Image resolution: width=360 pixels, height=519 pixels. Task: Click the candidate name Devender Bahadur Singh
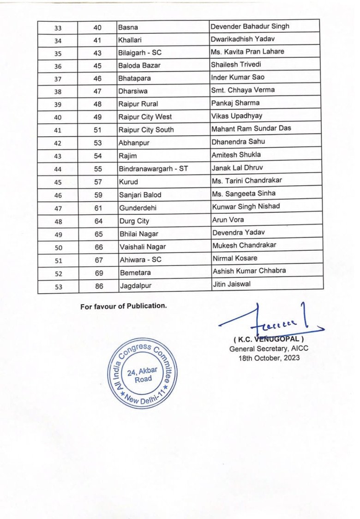(250, 26)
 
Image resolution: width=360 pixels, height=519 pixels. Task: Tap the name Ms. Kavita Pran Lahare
(247, 52)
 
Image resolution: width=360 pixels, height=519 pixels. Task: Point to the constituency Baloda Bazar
(139, 66)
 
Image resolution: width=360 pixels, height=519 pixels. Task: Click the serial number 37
(58, 79)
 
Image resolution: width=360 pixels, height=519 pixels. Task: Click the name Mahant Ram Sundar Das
(251, 128)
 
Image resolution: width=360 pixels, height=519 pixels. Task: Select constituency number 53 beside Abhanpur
(98, 143)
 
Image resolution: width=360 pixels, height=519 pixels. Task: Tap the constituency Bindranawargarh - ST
(153, 169)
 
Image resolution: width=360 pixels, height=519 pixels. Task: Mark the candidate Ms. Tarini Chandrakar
(246, 181)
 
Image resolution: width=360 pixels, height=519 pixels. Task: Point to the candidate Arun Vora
(228, 220)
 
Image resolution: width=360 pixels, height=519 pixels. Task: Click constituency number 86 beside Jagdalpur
(99, 286)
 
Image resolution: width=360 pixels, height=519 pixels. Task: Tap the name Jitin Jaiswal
(232, 284)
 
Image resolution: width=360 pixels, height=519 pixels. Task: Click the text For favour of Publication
(123, 306)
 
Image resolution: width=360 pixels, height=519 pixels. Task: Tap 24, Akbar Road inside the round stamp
(143, 374)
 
